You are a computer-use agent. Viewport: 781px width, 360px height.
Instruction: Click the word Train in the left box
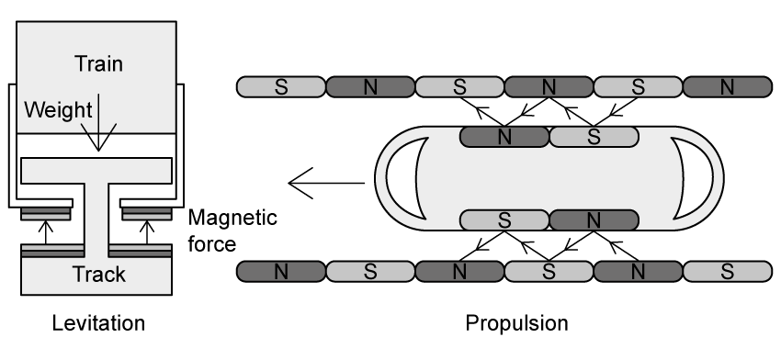[97, 64]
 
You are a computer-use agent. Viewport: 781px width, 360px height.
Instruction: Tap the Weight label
[58, 111]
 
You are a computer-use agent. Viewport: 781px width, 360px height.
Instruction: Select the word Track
[98, 275]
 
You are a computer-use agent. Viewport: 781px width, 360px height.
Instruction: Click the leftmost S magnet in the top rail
[281, 87]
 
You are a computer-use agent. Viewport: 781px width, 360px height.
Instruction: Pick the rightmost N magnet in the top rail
[727, 87]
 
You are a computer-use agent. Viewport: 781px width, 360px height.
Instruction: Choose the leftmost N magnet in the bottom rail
[281, 272]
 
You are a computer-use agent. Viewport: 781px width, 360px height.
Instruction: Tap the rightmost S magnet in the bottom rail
[727, 272]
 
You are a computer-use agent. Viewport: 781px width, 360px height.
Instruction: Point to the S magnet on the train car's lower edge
[504, 220]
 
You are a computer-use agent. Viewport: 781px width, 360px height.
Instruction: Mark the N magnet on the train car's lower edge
[593, 220]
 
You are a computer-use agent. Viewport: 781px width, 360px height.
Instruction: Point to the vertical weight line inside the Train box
[98, 110]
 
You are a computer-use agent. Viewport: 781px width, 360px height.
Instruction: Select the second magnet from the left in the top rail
[370, 87]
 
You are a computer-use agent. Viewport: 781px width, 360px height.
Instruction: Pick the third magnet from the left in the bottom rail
[459, 272]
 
